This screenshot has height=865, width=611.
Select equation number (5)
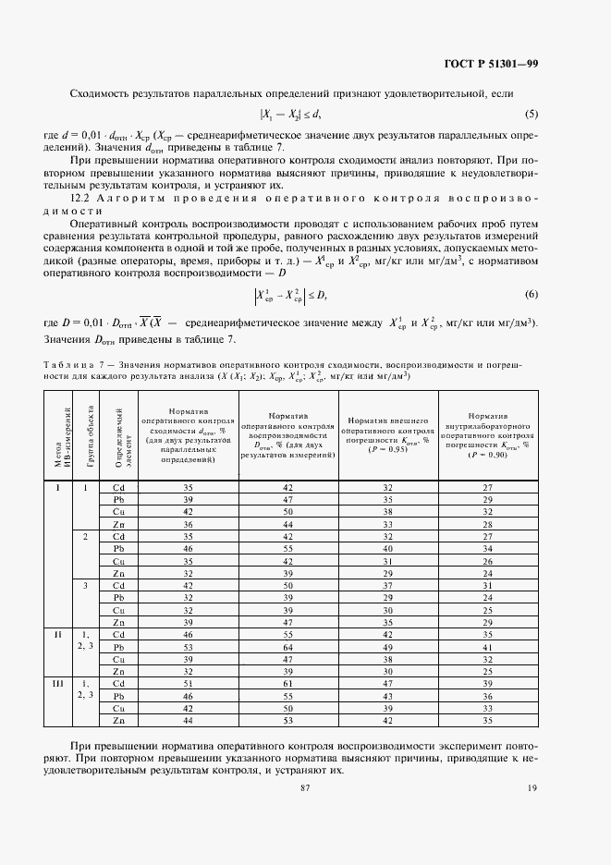click(531, 115)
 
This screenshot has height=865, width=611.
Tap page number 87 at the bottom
click(305, 787)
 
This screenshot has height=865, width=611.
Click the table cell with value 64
click(287, 647)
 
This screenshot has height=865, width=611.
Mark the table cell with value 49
click(387, 647)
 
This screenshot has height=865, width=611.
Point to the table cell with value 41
click(485, 647)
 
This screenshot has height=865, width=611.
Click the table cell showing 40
click(387, 548)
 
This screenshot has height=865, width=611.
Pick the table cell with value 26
click(485, 561)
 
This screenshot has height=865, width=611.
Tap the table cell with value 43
click(387, 694)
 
